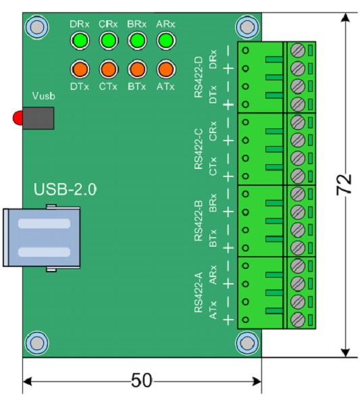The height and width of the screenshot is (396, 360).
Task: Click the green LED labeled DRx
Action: point(80,41)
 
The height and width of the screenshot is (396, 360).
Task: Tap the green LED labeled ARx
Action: point(166,41)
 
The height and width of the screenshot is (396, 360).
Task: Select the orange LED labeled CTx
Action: point(109,69)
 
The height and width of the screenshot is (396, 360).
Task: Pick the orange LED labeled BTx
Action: point(137,69)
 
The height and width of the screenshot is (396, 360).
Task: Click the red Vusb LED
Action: point(18,118)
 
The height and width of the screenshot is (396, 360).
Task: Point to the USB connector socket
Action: point(42,238)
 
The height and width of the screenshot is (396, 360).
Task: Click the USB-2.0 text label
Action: point(65,189)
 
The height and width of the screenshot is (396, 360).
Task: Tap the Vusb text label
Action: point(44,96)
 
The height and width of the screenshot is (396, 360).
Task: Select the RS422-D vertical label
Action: point(199,77)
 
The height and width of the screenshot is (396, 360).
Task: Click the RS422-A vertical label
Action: point(199,293)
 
